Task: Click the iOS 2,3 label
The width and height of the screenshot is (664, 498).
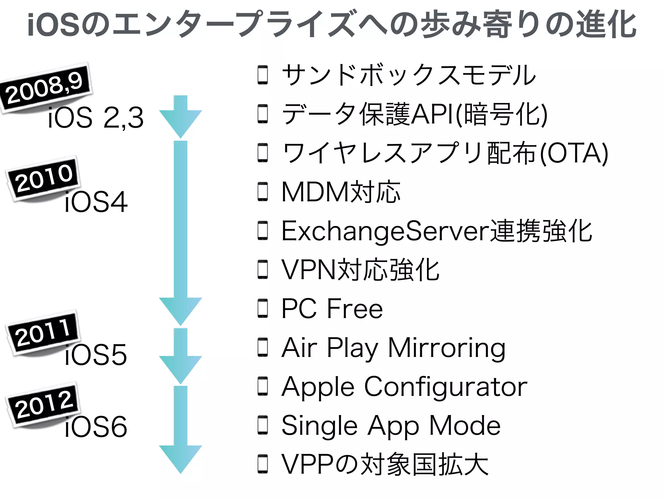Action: coord(96,117)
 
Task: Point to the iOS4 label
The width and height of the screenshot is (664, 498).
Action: coord(96,202)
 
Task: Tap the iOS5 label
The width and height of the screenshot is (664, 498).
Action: coord(96,355)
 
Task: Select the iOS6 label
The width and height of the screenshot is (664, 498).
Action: coord(96,427)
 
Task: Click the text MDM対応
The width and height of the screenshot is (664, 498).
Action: coord(341,192)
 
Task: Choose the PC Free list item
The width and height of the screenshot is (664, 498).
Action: coord(332,309)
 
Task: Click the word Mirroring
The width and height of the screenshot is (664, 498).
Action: coord(446,348)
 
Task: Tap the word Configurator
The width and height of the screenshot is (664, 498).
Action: coord(446,387)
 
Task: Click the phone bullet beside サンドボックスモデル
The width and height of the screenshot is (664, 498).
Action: coord(263,75)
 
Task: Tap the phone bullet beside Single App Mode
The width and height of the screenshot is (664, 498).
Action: coord(263,425)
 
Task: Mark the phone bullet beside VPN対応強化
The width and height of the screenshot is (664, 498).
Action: coord(263,270)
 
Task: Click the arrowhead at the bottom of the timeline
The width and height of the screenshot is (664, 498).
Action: coord(181,458)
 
